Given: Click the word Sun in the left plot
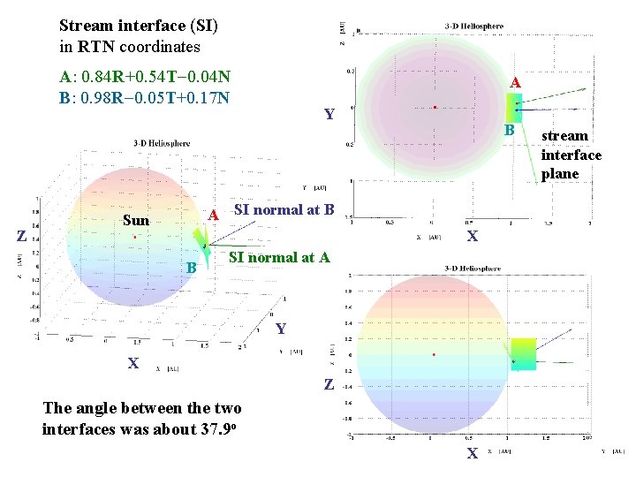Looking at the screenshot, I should click(x=136, y=220).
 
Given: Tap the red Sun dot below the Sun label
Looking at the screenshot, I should click(x=133, y=238).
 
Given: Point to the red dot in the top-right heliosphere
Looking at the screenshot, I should click(x=435, y=108).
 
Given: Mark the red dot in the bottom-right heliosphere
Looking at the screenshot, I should click(x=433, y=354).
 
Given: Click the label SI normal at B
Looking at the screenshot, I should click(x=284, y=210).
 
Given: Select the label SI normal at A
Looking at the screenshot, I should click(x=279, y=258).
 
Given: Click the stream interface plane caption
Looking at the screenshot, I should click(x=572, y=155).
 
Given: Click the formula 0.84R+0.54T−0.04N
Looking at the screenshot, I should click(x=155, y=76).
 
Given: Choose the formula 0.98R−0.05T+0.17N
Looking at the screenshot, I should click(x=155, y=95).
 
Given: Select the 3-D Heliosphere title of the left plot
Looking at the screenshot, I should click(x=162, y=143).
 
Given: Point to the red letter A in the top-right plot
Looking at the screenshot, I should click(x=517, y=82).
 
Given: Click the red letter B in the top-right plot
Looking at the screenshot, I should click(x=509, y=130).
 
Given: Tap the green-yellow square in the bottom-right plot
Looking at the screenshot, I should click(x=524, y=353).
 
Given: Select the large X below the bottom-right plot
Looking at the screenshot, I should click(x=472, y=453).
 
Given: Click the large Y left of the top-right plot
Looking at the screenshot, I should click(x=329, y=114).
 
